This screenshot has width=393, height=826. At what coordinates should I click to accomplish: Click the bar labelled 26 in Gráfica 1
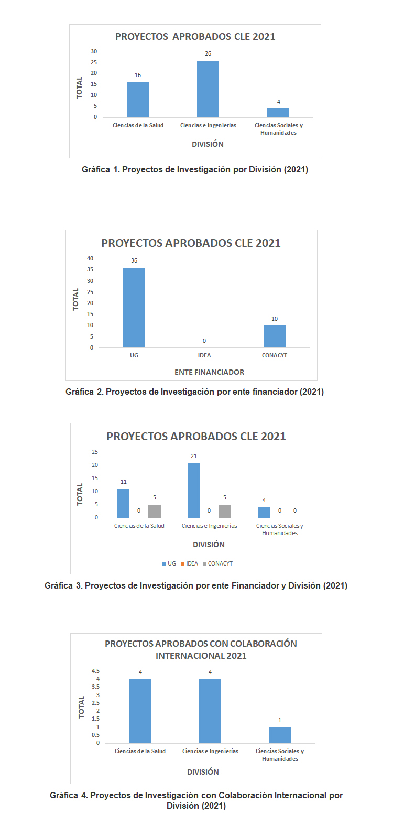[x=208, y=89]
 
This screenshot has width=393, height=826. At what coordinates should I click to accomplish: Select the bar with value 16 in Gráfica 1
[x=138, y=100]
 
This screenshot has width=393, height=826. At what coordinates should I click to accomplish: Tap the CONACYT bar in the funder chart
[x=275, y=336]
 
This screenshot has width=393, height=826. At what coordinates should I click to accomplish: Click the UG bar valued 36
[x=134, y=308]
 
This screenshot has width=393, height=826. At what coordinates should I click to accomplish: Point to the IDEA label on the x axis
[x=204, y=355]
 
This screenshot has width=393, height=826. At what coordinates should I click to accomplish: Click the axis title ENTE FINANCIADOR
[x=209, y=372]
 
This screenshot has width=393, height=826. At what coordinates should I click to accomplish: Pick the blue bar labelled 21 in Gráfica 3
[x=193, y=491]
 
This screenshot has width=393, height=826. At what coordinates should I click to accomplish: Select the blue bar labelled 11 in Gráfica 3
[x=123, y=503]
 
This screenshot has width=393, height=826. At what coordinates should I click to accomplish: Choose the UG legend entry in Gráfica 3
[x=169, y=564]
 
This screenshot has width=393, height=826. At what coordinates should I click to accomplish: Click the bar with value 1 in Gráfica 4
[x=280, y=735]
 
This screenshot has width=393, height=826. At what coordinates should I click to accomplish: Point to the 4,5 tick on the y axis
[x=95, y=671]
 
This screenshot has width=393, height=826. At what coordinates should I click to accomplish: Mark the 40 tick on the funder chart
[x=90, y=258]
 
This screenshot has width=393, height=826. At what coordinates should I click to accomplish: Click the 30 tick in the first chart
[x=94, y=51]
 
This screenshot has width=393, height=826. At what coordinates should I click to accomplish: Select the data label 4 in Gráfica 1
[x=279, y=102]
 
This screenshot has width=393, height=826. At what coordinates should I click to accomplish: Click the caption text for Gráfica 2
[x=194, y=392]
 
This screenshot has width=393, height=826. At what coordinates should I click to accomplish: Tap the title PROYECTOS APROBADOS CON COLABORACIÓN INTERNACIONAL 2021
[x=201, y=649]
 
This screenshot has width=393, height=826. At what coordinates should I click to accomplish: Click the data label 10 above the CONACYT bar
[x=275, y=319]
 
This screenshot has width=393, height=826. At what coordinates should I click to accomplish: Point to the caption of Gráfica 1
[x=195, y=169]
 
